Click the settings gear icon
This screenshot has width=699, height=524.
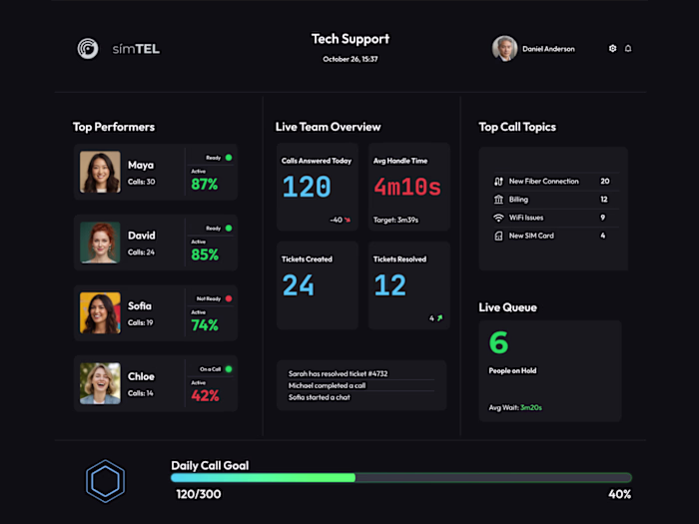point(612,48)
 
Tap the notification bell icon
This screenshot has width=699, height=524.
point(628,48)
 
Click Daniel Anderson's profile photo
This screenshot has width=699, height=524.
point(504,49)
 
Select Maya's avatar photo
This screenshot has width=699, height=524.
point(100,172)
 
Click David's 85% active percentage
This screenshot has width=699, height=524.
point(205,255)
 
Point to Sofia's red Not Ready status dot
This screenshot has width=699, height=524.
point(228,298)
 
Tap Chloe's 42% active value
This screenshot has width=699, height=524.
point(205,395)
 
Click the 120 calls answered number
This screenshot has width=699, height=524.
point(307,187)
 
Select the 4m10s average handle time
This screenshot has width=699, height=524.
point(406,187)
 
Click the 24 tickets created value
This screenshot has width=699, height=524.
point(298,285)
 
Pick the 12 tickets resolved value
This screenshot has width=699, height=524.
point(389,285)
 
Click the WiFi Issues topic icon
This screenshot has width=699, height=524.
point(498,218)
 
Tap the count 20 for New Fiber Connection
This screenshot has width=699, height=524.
point(604,182)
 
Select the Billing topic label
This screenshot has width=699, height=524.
point(520,200)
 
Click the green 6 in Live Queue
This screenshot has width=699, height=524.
point(498,342)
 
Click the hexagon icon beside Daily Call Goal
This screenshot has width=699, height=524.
point(105,480)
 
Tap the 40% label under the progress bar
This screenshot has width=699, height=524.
point(619,494)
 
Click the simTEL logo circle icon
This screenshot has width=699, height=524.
point(89,48)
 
